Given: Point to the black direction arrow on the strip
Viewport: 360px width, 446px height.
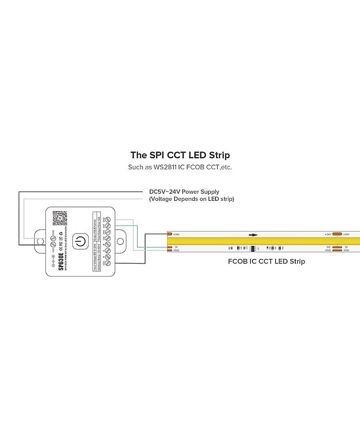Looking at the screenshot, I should pyautogui.click(x=253, y=235).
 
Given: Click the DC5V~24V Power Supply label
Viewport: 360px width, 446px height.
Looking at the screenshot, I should pyautogui.click(x=184, y=192).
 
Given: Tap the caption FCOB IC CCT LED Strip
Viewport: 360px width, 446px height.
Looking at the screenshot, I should pyautogui.click(x=266, y=262).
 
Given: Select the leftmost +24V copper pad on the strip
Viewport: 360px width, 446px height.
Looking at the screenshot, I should pyautogui.click(x=169, y=234).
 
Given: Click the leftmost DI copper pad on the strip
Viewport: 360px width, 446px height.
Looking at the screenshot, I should pyautogui.click(x=169, y=247).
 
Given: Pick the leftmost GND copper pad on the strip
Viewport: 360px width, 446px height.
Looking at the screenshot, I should pyautogui.click(x=169, y=250).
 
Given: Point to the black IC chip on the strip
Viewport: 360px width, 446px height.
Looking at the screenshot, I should pyautogui.click(x=252, y=248).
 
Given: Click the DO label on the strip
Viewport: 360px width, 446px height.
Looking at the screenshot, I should pyautogui.click(x=328, y=247).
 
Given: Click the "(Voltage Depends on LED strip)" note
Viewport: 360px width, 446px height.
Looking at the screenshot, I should pyautogui.click(x=192, y=199).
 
